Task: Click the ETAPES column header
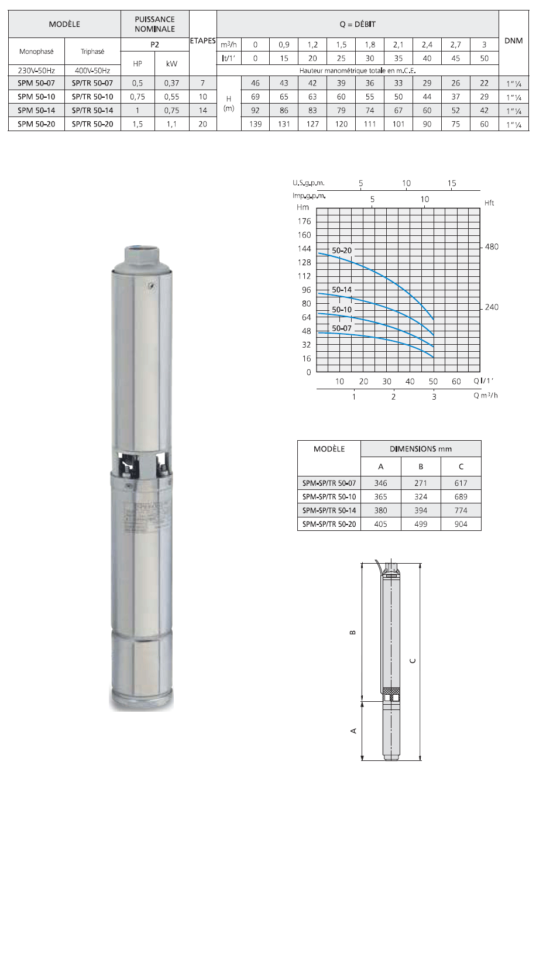click(202, 41)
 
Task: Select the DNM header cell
click(513, 41)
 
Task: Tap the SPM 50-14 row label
click(36, 111)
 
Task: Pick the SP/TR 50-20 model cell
click(92, 124)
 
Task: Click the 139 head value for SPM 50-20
click(255, 124)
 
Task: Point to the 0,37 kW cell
click(171, 83)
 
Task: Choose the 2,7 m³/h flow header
click(456, 45)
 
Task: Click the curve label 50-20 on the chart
click(342, 251)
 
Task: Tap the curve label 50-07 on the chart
click(342, 328)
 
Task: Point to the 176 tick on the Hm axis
click(304, 221)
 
